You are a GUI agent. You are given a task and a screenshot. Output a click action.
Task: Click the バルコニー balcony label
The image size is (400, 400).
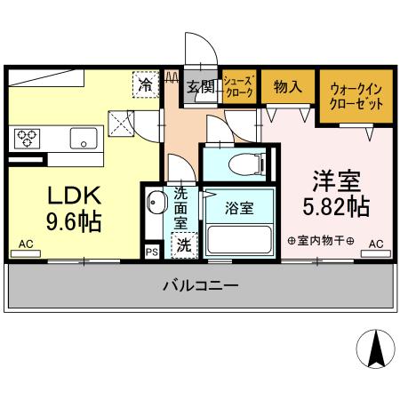(199, 286)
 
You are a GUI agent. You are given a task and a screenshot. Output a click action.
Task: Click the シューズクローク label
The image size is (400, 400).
(238, 86)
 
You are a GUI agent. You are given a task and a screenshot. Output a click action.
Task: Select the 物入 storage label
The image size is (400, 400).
(286, 86)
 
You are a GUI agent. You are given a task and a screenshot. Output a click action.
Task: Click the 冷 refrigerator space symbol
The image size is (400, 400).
(145, 84)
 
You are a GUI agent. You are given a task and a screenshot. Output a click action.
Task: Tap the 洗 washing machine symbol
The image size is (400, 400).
(182, 244)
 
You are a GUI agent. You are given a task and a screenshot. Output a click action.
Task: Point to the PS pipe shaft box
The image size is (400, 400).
(152, 252)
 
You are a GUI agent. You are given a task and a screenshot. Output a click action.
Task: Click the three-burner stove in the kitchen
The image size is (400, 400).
(28, 138)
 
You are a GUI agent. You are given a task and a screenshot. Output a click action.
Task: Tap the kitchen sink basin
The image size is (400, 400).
(84, 139)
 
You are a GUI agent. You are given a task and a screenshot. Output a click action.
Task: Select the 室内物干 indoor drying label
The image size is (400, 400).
(321, 241)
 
